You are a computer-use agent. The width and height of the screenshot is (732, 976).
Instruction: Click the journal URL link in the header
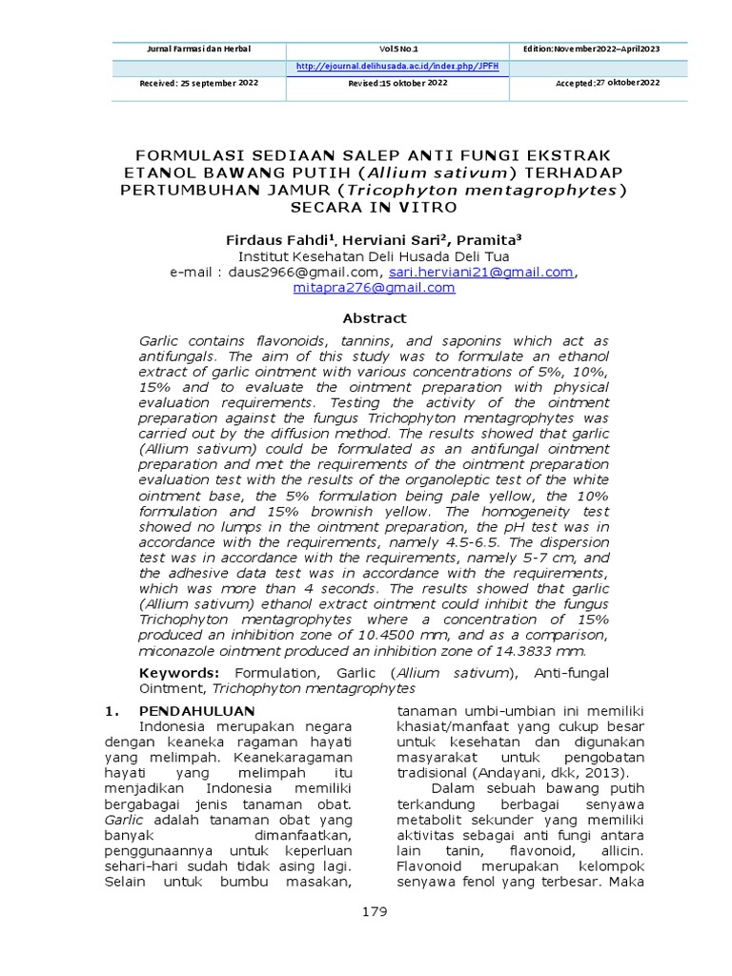pos(397,67)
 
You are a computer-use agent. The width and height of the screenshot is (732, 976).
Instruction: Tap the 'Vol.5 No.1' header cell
pos(398,49)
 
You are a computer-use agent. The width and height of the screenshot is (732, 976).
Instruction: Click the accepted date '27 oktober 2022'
pos(627,84)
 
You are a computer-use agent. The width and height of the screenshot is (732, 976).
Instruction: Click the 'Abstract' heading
pos(375,318)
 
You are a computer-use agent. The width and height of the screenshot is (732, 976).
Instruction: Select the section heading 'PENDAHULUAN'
pos(197,711)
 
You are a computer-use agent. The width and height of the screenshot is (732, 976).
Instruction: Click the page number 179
pos(375,912)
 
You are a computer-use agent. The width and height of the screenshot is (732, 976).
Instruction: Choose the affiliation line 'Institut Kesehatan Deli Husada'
pos(374,256)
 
